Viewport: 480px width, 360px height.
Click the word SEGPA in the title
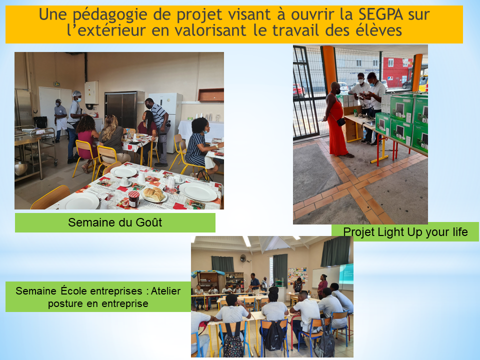click(x=381, y=14)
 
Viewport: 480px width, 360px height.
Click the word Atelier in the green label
click(x=165, y=291)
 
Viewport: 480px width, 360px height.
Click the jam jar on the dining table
click(x=134, y=198)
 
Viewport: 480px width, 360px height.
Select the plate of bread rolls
click(x=154, y=195)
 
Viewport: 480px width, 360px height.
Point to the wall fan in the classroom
click(x=243, y=258)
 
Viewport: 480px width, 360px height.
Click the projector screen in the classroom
click(x=346, y=277)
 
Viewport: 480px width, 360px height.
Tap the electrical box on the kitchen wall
click(x=91, y=92)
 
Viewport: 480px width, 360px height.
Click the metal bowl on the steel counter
click(x=21, y=168)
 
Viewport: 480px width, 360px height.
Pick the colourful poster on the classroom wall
click(x=297, y=275)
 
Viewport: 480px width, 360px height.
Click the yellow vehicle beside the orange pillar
click(x=423, y=83)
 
